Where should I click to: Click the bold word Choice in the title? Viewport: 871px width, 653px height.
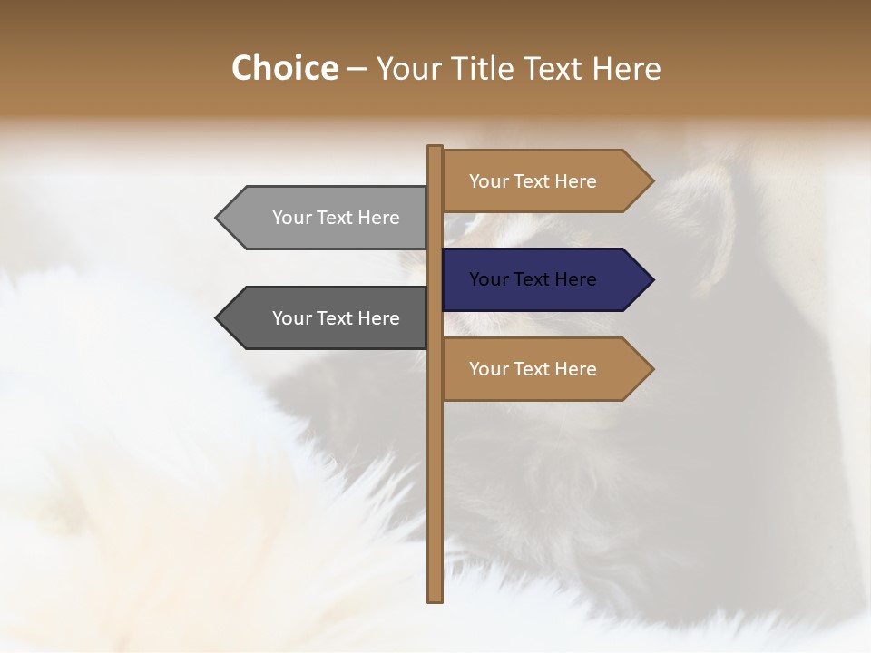click(x=284, y=68)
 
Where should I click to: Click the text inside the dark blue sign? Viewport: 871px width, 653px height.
click(x=533, y=279)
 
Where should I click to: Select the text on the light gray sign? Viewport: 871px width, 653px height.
click(x=336, y=218)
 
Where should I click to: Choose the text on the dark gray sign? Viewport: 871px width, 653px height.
click(x=336, y=318)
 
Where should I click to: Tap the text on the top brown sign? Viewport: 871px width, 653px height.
click(x=533, y=181)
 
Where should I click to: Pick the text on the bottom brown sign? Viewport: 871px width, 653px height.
click(x=533, y=369)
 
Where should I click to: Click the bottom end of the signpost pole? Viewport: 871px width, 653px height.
click(x=435, y=598)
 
